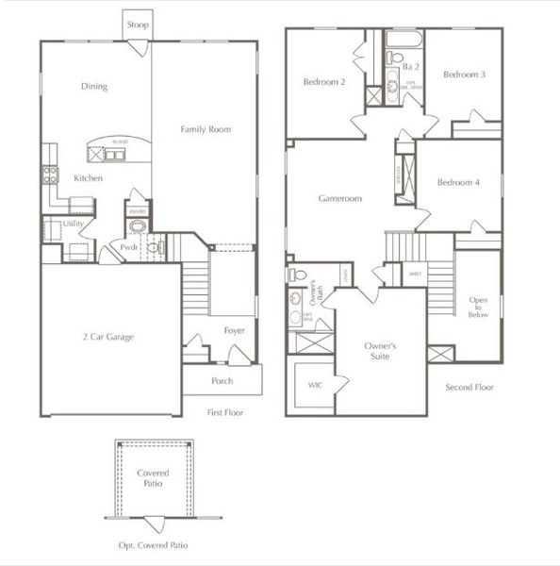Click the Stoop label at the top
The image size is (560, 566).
136,25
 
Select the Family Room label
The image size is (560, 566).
206,129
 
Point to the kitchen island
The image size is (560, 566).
119,147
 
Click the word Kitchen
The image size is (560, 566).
88,177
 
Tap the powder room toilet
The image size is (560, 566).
156,248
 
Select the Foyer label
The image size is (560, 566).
234,330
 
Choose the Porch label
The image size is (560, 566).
222,381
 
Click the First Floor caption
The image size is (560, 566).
225,413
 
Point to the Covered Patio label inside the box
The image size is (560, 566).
154,477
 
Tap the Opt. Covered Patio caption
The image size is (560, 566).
154,545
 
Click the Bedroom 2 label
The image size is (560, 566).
323,83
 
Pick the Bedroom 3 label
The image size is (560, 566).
463,75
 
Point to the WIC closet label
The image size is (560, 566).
314,385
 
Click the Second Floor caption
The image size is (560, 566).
469,387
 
